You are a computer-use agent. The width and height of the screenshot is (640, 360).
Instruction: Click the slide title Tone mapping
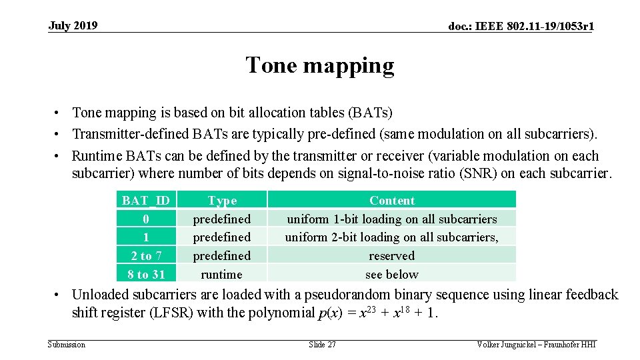tap(319, 65)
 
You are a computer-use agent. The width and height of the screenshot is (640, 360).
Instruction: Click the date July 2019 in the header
tap(73, 26)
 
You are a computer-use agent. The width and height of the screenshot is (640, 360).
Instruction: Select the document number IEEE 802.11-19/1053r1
tap(521, 27)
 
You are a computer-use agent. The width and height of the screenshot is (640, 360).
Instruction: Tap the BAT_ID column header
tap(146, 201)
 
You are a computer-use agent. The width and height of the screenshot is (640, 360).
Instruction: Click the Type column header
tap(221, 201)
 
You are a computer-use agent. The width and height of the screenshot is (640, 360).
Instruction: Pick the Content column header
tap(391, 201)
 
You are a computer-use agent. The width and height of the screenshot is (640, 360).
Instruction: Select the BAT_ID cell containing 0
tap(146, 219)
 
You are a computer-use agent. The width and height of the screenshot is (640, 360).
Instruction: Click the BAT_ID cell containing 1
tap(146, 237)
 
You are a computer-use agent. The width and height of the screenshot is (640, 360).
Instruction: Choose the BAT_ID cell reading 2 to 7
tap(146, 256)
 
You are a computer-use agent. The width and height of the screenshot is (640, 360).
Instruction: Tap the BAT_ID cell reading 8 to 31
tap(146, 274)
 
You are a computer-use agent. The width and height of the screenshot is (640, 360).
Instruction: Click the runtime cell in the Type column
tap(221, 274)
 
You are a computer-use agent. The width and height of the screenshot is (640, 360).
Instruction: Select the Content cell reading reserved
tap(391, 256)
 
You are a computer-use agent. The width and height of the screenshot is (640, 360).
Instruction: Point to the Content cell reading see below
tap(391, 274)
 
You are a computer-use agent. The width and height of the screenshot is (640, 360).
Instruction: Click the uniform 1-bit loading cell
tap(391, 219)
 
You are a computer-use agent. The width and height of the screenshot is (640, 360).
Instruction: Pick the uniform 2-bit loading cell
tap(391, 237)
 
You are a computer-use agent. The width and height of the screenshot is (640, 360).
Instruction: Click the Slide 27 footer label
tap(322, 345)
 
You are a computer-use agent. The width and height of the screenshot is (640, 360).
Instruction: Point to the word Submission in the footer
tap(67, 345)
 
